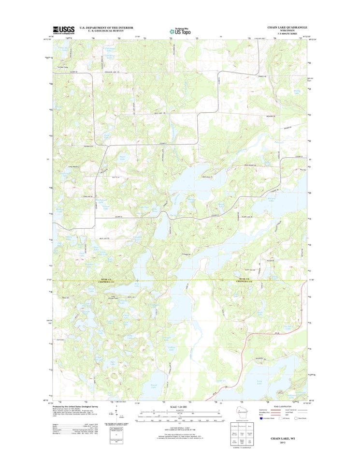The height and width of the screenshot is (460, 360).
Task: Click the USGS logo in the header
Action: click(64, 30)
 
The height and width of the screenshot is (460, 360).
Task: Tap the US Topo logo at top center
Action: click(179, 30)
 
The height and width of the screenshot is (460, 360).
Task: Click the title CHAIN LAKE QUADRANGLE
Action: click(287, 28)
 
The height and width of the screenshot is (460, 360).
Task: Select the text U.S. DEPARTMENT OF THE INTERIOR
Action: click(106, 28)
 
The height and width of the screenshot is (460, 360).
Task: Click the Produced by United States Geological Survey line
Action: click(80, 407)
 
